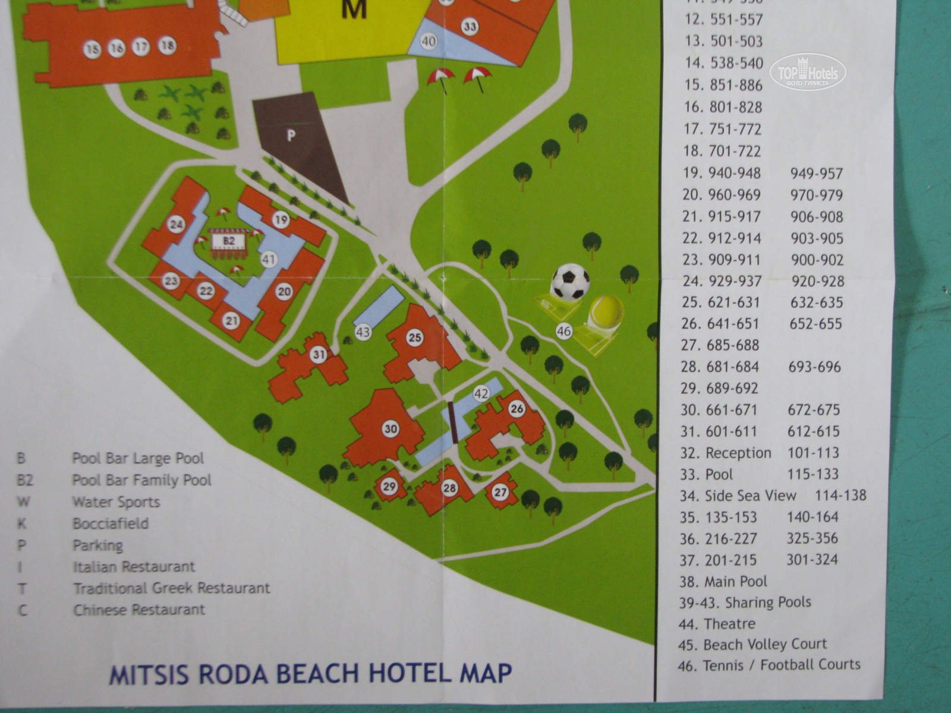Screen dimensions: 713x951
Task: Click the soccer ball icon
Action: pyautogui.click(x=571, y=282)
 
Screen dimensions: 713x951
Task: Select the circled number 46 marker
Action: pyautogui.click(x=563, y=332)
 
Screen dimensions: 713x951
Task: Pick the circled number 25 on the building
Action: pyautogui.click(x=414, y=337)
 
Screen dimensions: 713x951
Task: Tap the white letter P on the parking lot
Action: pyautogui.click(x=291, y=135)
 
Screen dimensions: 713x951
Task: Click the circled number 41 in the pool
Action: pyautogui.click(x=269, y=260)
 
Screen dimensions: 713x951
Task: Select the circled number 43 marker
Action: pyautogui.click(x=363, y=332)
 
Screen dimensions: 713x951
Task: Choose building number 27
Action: pyautogui.click(x=500, y=492)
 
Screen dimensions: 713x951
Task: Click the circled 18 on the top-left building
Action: pyautogui.click(x=167, y=45)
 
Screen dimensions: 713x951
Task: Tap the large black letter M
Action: pyautogui.click(x=354, y=10)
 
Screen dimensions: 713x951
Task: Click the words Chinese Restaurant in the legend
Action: pyautogui.click(x=139, y=610)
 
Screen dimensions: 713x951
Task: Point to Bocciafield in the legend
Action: pyautogui.click(x=111, y=523)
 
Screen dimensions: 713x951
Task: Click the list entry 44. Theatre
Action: pyautogui.click(x=717, y=624)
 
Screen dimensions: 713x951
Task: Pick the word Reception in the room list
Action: pyautogui.click(x=738, y=453)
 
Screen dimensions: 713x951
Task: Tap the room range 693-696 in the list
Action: pyautogui.click(x=814, y=367)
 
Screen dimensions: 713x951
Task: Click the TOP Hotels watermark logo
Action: pyautogui.click(x=808, y=72)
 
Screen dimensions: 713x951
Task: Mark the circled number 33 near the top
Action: pyautogui.click(x=470, y=26)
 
